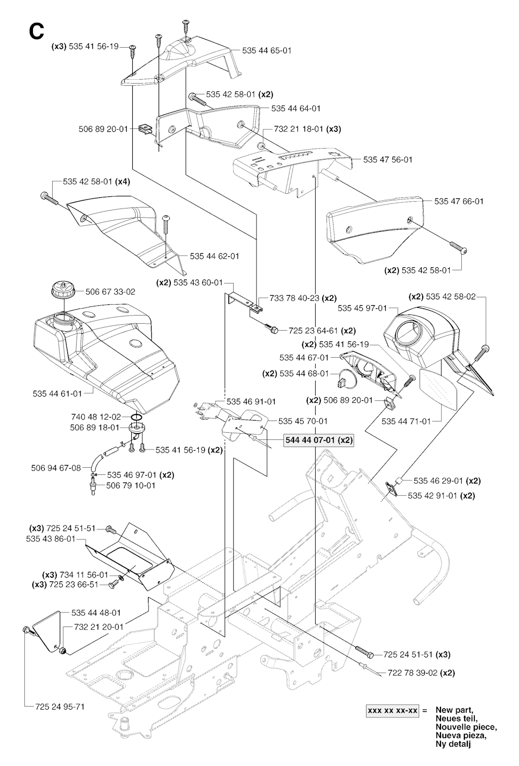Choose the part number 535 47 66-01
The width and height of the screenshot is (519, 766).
[x=459, y=201]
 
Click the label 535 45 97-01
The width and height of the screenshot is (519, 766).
[x=362, y=308]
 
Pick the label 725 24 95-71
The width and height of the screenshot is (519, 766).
[x=60, y=706]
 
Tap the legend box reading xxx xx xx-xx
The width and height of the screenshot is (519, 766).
[x=393, y=711]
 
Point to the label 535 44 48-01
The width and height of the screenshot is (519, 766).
[x=96, y=612]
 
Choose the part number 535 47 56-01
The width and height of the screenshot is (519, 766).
[x=388, y=159]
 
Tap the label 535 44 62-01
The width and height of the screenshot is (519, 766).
[x=214, y=256]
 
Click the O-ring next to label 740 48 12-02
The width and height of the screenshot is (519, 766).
[x=136, y=417]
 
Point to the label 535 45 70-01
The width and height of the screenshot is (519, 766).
[x=303, y=421]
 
